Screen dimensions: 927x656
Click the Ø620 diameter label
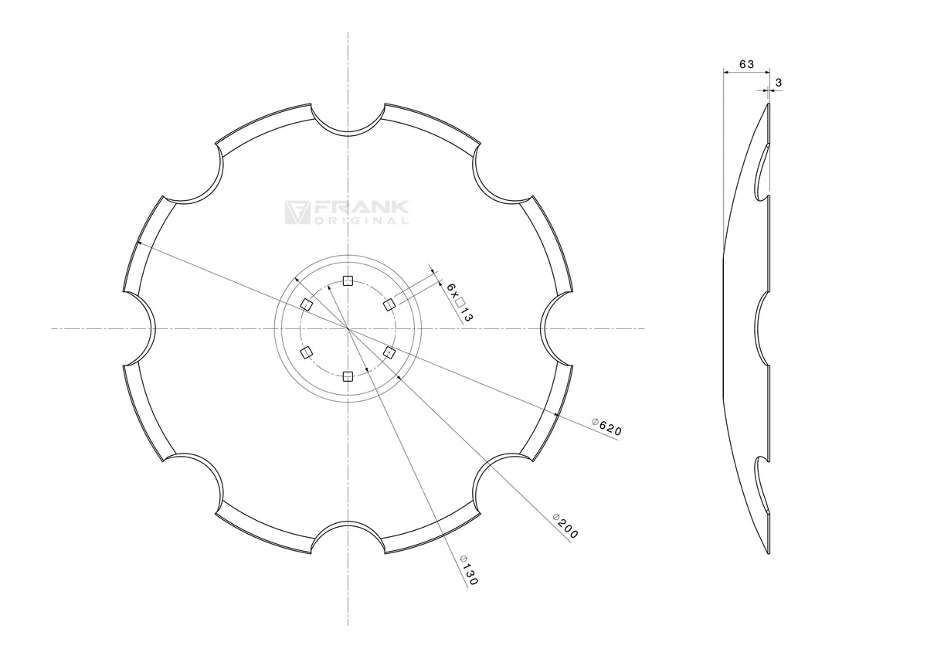606,427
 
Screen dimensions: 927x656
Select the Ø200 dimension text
565,526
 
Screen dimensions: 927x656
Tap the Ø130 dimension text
470,570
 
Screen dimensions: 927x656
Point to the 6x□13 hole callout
460,303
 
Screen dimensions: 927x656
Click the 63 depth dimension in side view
746,64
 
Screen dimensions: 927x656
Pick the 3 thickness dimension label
779,83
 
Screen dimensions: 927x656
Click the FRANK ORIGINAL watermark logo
347,212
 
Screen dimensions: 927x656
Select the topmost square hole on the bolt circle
348,281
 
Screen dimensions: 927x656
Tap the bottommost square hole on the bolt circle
348,376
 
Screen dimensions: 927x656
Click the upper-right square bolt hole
389,305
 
